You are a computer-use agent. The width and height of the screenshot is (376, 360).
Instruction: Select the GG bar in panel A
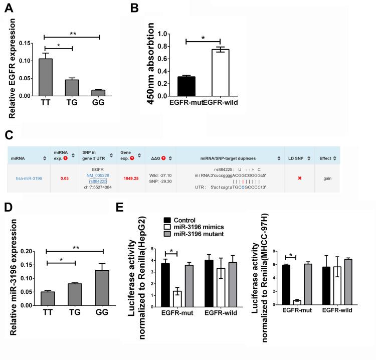(99, 93)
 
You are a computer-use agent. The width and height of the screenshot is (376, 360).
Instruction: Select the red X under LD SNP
(299, 177)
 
